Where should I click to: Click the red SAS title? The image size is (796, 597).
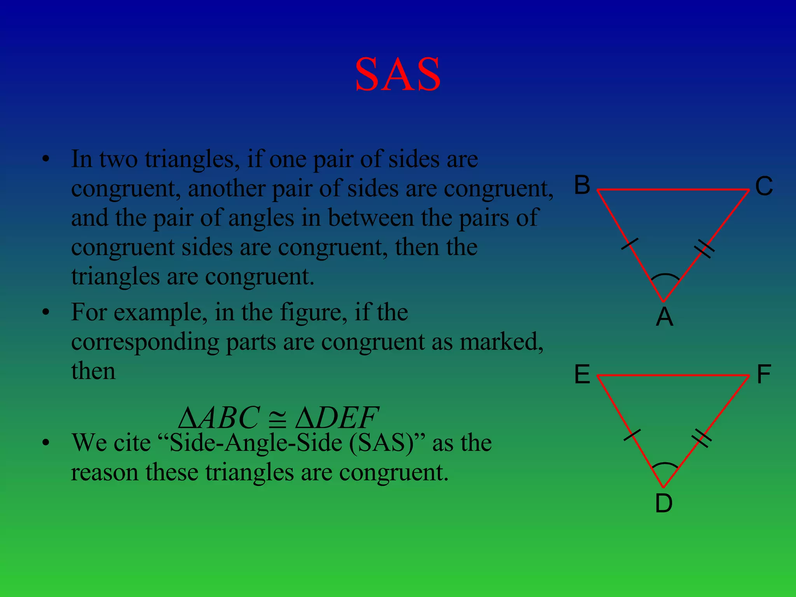click(398, 74)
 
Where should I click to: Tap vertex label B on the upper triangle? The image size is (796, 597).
click(582, 185)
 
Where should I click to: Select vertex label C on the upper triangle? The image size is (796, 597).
click(764, 186)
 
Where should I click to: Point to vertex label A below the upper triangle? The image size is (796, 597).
click(664, 317)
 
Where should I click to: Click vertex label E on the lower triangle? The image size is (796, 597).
click(582, 375)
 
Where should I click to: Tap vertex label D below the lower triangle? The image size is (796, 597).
click(663, 503)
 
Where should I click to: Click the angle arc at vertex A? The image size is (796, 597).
click(665, 276)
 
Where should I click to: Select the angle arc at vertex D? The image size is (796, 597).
click(665, 465)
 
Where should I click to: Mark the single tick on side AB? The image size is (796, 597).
click(630, 244)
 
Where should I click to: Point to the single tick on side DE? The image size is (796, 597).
click(632, 435)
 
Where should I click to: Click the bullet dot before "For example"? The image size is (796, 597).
click(46, 312)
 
